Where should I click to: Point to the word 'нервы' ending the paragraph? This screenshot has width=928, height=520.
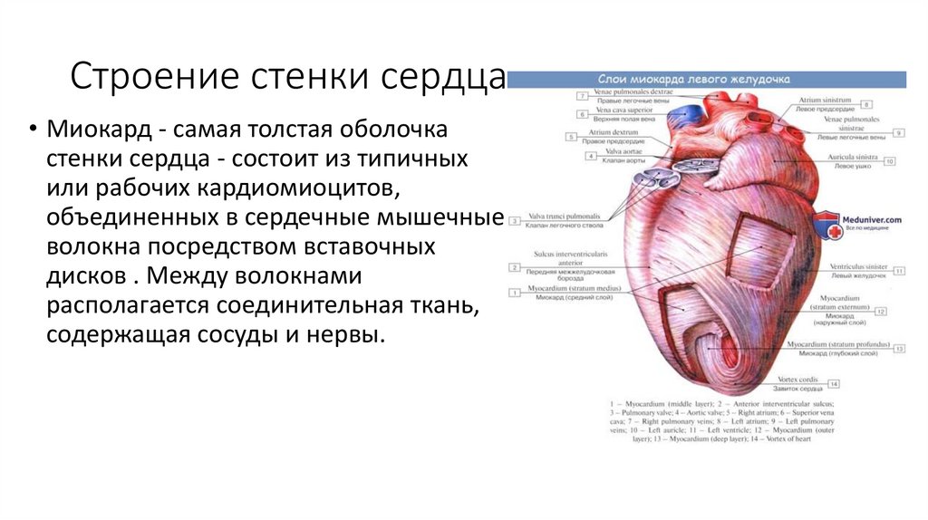point(350,334)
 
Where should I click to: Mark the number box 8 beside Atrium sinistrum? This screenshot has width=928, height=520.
point(865,102)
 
